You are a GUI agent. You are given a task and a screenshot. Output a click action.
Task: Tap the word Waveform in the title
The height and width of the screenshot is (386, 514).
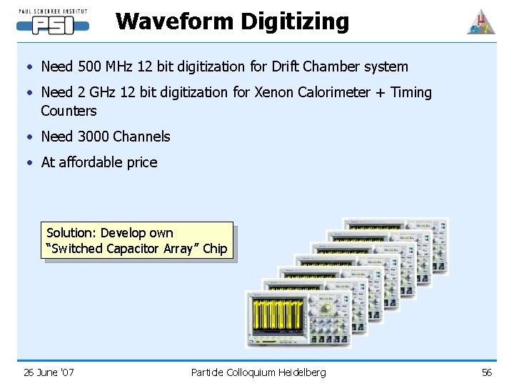(175, 21)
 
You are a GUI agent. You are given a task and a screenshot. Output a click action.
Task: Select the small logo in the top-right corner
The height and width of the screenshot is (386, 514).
(480, 22)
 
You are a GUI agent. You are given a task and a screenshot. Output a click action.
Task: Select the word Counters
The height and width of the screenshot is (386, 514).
(69, 111)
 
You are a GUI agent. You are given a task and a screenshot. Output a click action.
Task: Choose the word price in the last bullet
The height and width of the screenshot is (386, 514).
(141, 162)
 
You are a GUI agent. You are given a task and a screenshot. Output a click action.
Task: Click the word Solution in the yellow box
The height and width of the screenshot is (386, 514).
(71, 233)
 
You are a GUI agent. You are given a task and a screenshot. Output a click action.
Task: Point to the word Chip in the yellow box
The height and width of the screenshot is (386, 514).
(214, 249)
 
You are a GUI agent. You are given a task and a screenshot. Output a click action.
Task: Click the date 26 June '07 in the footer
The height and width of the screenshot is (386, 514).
(49, 372)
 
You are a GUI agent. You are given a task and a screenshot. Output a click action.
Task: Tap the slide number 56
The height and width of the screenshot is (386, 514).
(487, 372)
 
